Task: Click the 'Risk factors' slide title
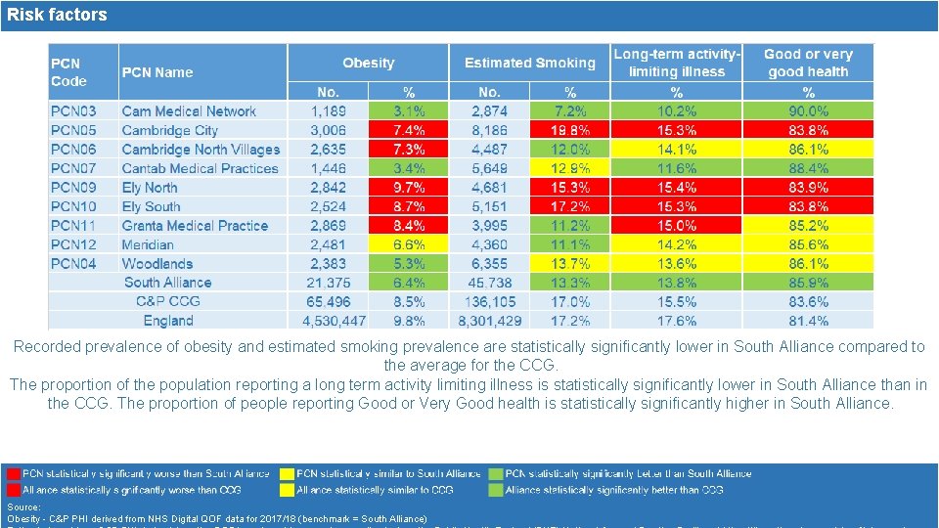pos(57,15)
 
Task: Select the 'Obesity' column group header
pos(369,63)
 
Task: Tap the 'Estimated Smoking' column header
pos(529,63)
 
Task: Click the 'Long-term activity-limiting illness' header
pos(677,63)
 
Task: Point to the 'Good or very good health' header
pos(808,63)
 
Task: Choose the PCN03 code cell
pos(73,111)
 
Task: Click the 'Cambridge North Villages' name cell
pos(201,150)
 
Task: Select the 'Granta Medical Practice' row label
pos(195,226)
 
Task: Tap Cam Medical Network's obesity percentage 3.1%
pos(409,111)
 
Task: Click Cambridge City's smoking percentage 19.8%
pos(570,130)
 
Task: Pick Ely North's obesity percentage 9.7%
pos(409,188)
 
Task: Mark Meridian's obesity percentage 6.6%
pos(409,244)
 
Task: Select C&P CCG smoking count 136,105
pos(490,302)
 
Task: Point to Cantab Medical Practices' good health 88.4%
pos(809,168)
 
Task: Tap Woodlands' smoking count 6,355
pos(490,264)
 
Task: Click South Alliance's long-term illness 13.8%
pos(677,283)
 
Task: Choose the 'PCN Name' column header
pos(157,72)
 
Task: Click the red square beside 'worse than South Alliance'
pos(13,474)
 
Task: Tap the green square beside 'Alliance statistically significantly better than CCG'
pos(496,490)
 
